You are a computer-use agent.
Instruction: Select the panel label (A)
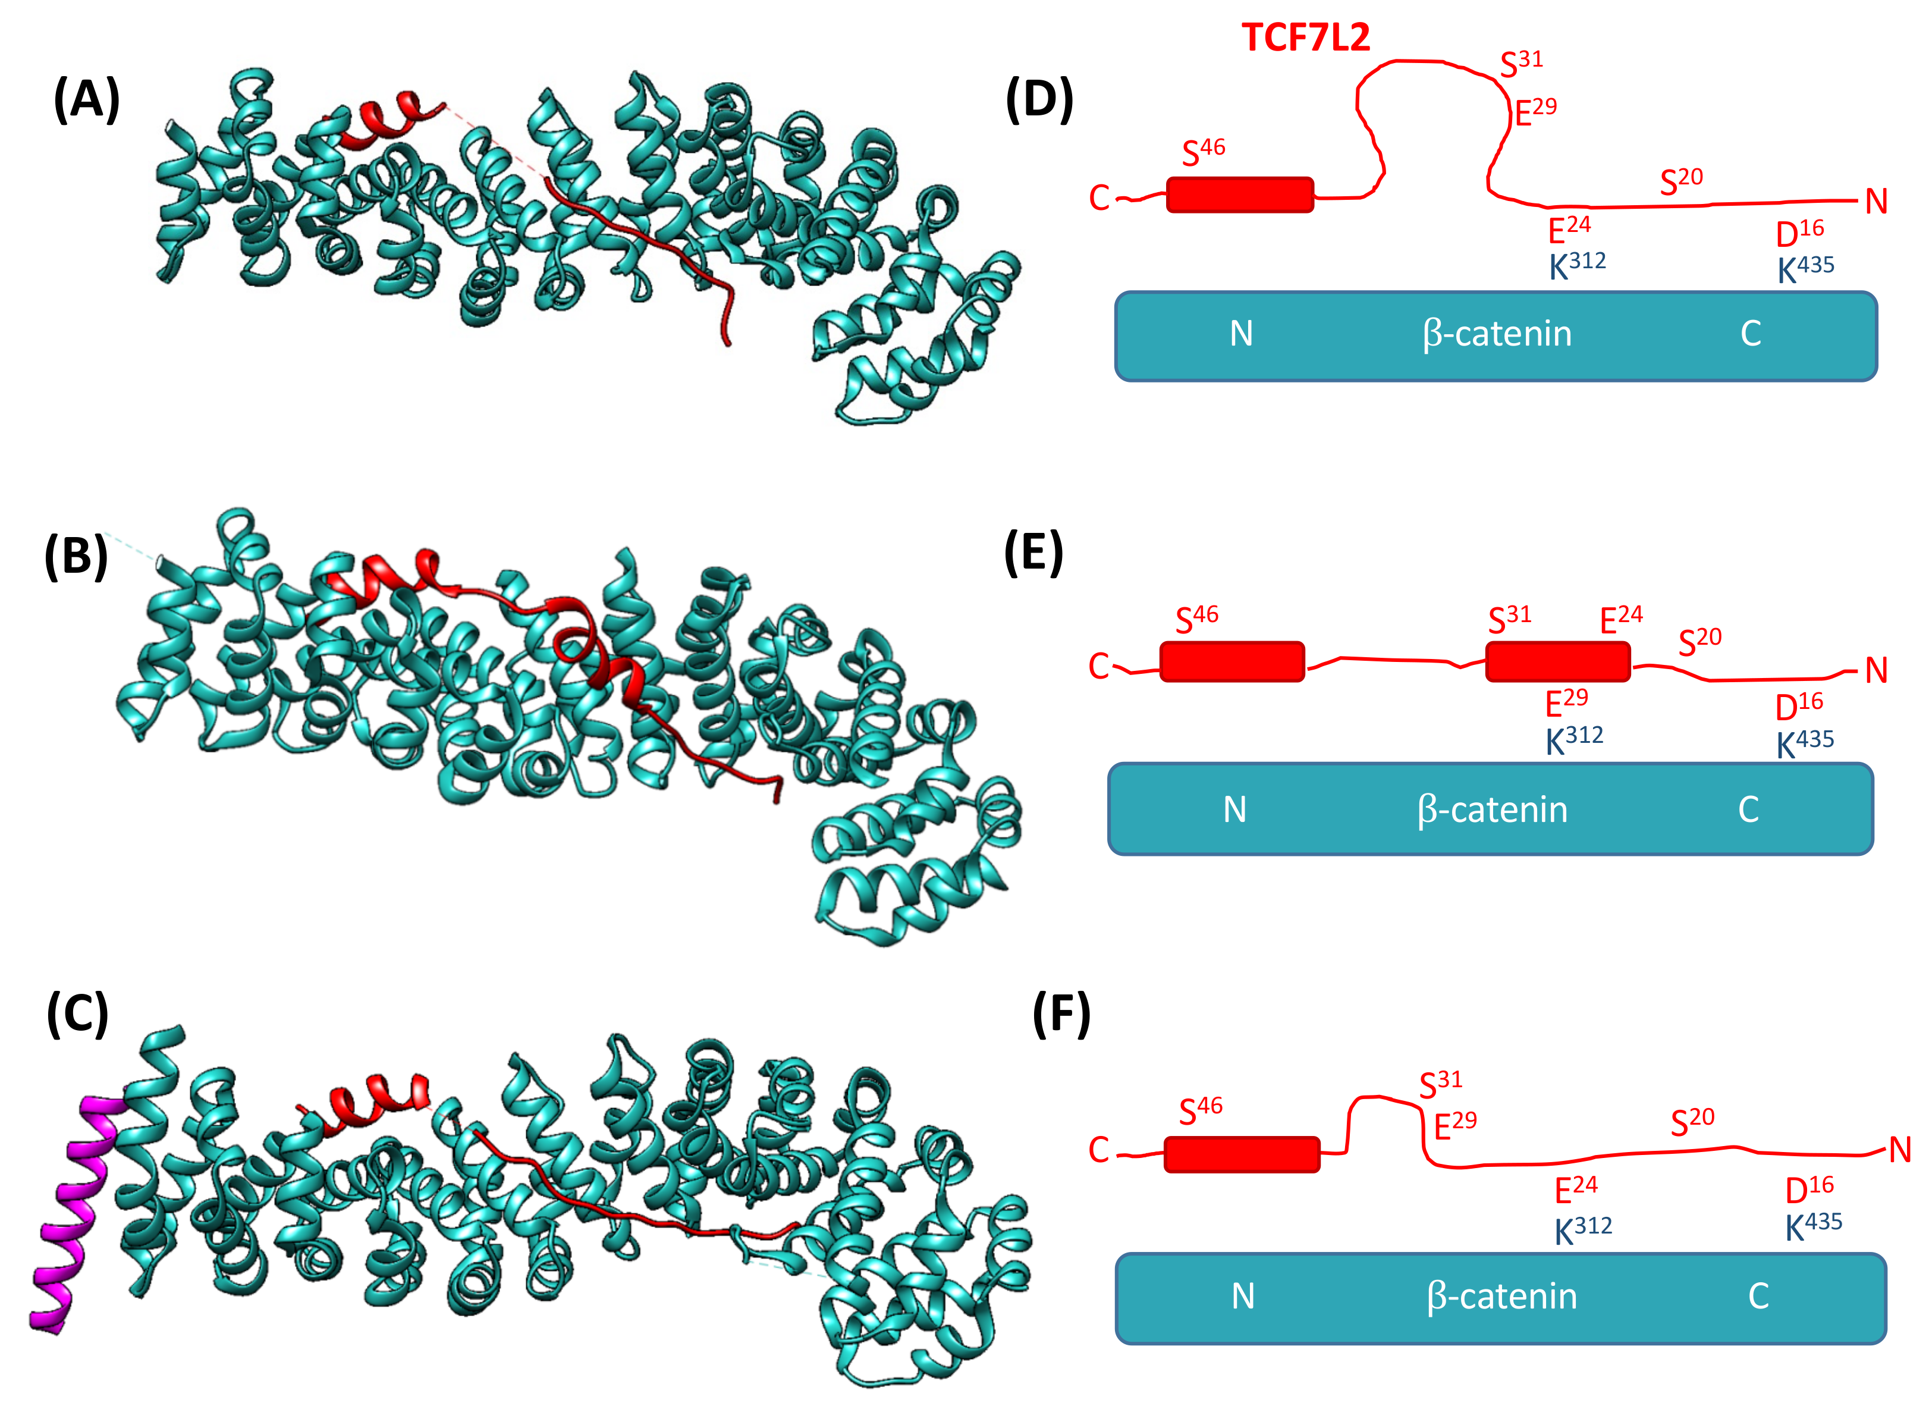86,99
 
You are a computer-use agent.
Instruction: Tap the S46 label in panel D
1203,152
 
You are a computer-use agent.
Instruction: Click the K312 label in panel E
1574,739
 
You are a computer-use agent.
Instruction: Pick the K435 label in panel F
1813,1226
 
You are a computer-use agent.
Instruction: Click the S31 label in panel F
1441,1084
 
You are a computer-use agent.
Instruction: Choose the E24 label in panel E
1620,619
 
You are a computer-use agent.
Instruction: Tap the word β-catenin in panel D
1497,334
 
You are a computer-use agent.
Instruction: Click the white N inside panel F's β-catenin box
1242,1296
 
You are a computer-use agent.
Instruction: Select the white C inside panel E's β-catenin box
1748,809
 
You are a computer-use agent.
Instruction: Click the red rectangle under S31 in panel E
1557,661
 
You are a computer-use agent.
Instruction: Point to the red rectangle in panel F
1242,1154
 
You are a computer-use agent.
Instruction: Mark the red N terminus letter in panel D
1876,202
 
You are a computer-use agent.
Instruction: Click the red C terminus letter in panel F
1098,1151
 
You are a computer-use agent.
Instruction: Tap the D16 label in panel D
1799,233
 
